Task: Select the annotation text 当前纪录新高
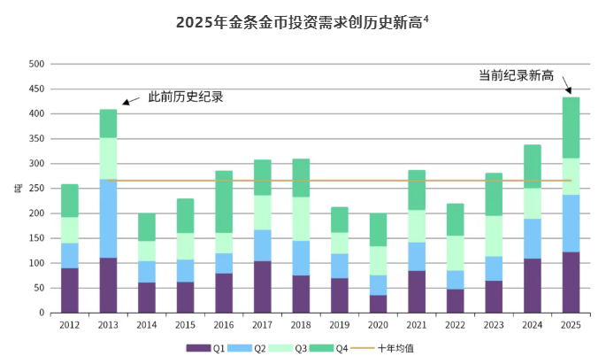click(515, 76)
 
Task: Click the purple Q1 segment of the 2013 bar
click(108, 285)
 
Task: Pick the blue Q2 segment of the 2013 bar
click(108, 218)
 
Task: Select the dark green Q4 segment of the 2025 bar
click(571, 128)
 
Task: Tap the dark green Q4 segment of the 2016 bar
click(224, 202)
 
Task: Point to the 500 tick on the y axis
click(36, 65)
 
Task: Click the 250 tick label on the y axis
click(36, 189)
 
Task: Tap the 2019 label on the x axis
click(340, 326)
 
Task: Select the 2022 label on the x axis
click(456, 326)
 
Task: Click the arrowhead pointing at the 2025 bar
click(568, 90)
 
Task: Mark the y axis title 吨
click(16, 188)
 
